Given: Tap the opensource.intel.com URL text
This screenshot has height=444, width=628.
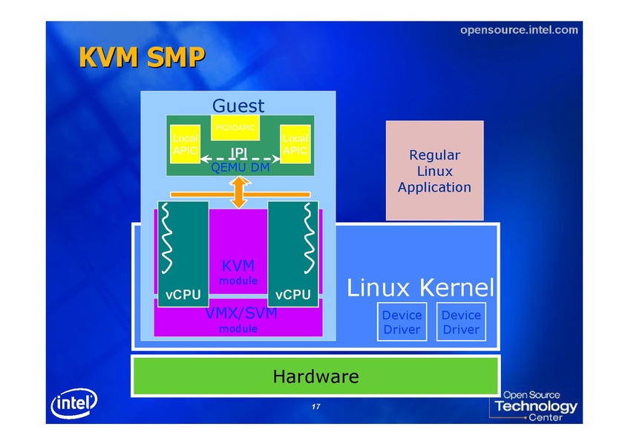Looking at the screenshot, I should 518,30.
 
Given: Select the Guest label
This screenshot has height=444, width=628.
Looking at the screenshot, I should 238,105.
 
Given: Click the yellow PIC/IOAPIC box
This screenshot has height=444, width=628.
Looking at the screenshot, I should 235,128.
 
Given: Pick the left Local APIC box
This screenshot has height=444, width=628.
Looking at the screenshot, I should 183,144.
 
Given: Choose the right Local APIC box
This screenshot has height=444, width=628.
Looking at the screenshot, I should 295,144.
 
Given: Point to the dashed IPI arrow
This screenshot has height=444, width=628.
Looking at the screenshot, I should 238,158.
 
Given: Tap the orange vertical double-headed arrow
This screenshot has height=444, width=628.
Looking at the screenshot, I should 239,193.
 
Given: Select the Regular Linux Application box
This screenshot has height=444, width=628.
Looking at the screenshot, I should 434,171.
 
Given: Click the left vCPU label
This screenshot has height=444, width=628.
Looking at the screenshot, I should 183,295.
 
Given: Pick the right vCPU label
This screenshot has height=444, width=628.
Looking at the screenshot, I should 293,295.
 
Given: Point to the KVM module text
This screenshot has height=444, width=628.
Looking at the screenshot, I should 238,272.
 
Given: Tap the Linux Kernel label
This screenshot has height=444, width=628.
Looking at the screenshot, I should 420,287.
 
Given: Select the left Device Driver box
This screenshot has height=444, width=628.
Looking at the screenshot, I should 402,322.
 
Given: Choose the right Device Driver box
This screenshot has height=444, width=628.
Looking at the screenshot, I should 461,322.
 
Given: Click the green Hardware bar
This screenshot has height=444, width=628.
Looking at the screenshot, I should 315,376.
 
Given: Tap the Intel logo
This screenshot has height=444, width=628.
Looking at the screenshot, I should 73,405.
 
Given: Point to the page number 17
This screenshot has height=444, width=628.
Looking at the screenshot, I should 315,408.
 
